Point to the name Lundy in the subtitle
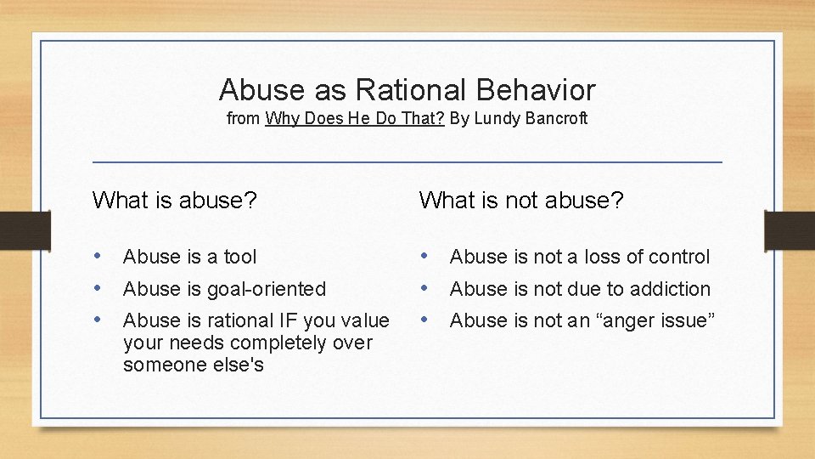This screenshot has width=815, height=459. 493,119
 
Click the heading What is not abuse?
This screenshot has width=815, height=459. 521,200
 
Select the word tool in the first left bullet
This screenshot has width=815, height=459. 240,257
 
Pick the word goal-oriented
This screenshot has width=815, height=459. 267,289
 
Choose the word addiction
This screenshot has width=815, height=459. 670,289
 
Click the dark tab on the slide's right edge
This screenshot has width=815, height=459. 790,229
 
